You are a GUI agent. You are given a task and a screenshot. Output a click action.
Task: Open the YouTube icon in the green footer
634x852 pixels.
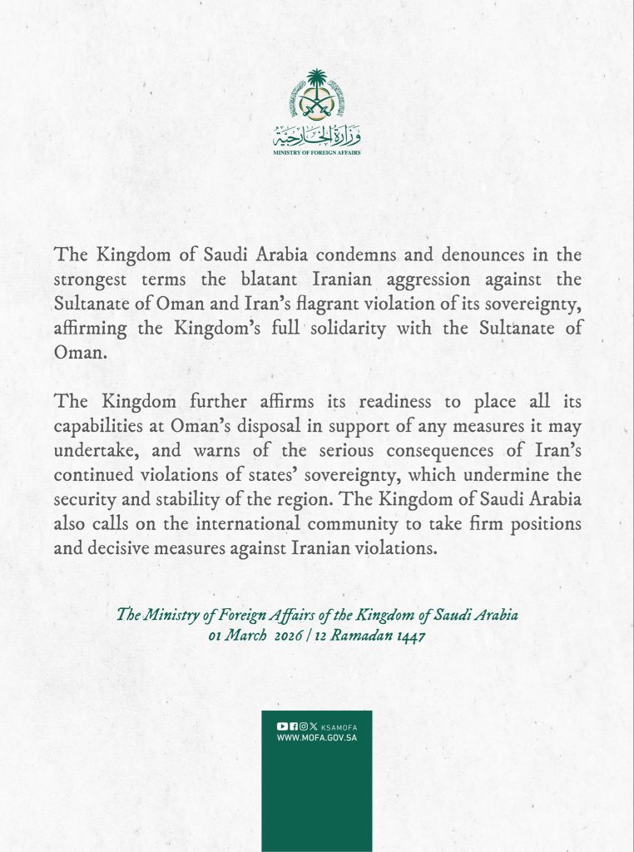[x=282, y=726]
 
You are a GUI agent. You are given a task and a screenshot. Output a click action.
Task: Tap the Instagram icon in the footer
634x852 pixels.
[x=303, y=726]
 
